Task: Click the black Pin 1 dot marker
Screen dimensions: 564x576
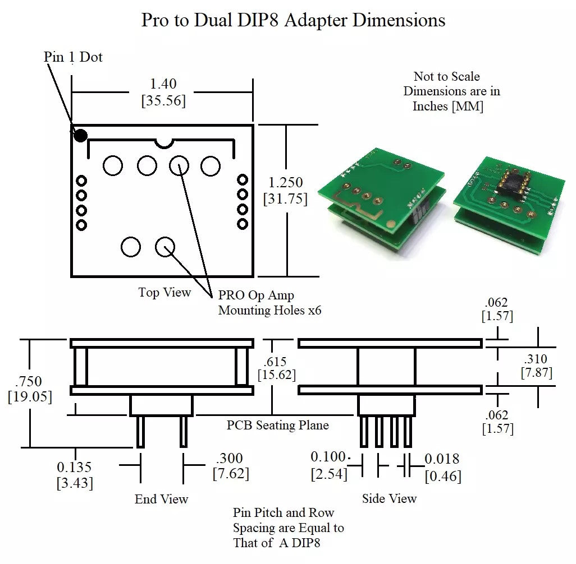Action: pos(81,135)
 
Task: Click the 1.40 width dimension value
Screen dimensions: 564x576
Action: pos(163,84)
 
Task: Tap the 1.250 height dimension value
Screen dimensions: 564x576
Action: pos(286,183)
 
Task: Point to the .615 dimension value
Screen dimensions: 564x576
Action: pos(276,360)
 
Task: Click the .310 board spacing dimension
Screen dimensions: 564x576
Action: pos(536,359)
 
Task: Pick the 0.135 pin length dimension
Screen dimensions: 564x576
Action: pos(75,467)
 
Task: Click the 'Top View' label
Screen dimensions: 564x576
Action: pos(164,293)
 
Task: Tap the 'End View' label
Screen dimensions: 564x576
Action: pos(161,499)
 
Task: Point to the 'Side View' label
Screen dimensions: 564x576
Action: pos(389,498)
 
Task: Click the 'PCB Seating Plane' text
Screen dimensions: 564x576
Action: pos(277,426)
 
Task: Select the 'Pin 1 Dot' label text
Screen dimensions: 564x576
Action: pos(73,57)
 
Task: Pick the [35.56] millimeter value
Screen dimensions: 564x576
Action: pos(163,101)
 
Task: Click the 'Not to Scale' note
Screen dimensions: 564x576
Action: pos(447,76)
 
